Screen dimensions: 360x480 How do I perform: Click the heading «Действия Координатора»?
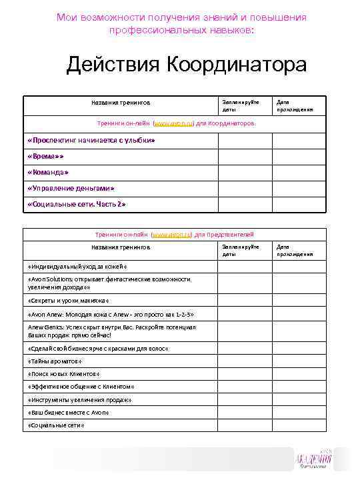186,65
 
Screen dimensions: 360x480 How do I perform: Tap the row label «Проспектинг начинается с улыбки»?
91,141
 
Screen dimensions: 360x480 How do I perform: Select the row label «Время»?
45,156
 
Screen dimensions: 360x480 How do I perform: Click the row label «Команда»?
48,172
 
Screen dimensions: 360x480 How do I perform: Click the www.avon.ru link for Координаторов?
173,123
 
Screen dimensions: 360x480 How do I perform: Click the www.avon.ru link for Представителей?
173,235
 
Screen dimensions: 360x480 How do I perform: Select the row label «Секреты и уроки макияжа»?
69,301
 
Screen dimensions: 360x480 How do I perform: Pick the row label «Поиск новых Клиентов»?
63,374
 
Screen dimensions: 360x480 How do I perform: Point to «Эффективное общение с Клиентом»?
81,387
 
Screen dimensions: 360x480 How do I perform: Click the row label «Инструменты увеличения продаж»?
79,399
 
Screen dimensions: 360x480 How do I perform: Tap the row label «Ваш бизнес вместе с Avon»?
68,412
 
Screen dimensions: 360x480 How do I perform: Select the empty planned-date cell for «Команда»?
245,172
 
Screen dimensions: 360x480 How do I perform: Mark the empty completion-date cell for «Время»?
299,156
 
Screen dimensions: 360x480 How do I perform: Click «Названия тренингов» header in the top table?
121,103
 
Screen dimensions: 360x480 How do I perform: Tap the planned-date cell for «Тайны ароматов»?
245,361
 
